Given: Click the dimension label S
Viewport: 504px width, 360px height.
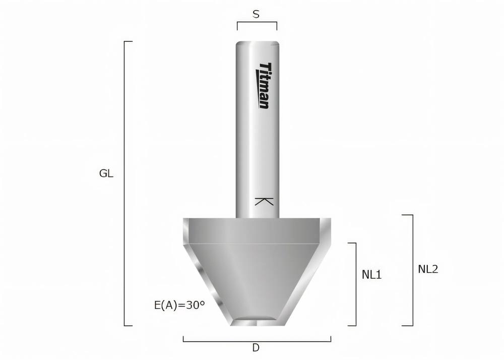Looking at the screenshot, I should click(256, 15).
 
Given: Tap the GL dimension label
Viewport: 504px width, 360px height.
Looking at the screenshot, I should click(106, 174).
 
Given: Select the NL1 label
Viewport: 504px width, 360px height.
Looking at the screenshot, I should click(371, 275).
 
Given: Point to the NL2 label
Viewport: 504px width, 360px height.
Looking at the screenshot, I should click(428, 269).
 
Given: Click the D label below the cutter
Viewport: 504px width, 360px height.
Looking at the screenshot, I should click(256, 348).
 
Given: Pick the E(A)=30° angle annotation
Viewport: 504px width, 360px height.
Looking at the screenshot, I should click(179, 305).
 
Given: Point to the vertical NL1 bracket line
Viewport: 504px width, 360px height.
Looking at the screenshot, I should click(356, 284).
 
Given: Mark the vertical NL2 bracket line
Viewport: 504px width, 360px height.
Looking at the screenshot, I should click(413, 270).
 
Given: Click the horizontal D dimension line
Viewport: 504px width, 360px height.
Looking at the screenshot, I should click(257, 341).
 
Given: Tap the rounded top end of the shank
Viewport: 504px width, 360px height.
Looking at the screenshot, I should click(258, 43).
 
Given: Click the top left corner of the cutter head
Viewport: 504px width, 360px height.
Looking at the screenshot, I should click(184, 219).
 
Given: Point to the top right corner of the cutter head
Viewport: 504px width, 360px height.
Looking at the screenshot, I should click(330, 219).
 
